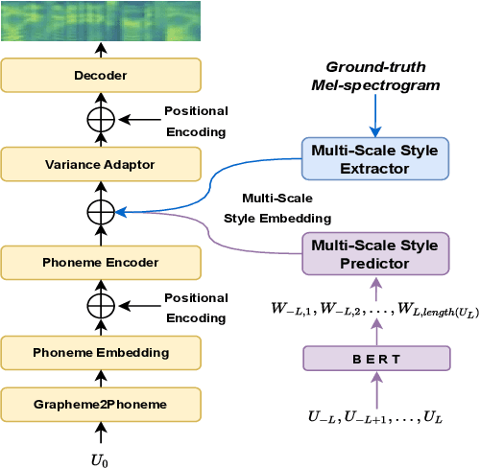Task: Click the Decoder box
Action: pos(101,74)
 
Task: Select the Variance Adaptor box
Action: pos(101,164)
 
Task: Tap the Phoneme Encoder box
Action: pos(101,261)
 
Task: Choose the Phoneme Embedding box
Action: pos(101,352)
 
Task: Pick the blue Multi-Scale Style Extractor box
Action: pos(374,159)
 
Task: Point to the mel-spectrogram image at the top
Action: pos(100,20)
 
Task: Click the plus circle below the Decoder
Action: pos(100,119)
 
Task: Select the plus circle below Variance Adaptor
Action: pos(100,211)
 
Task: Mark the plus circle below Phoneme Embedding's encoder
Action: pos(100,306)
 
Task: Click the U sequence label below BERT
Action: pos(376,416)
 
